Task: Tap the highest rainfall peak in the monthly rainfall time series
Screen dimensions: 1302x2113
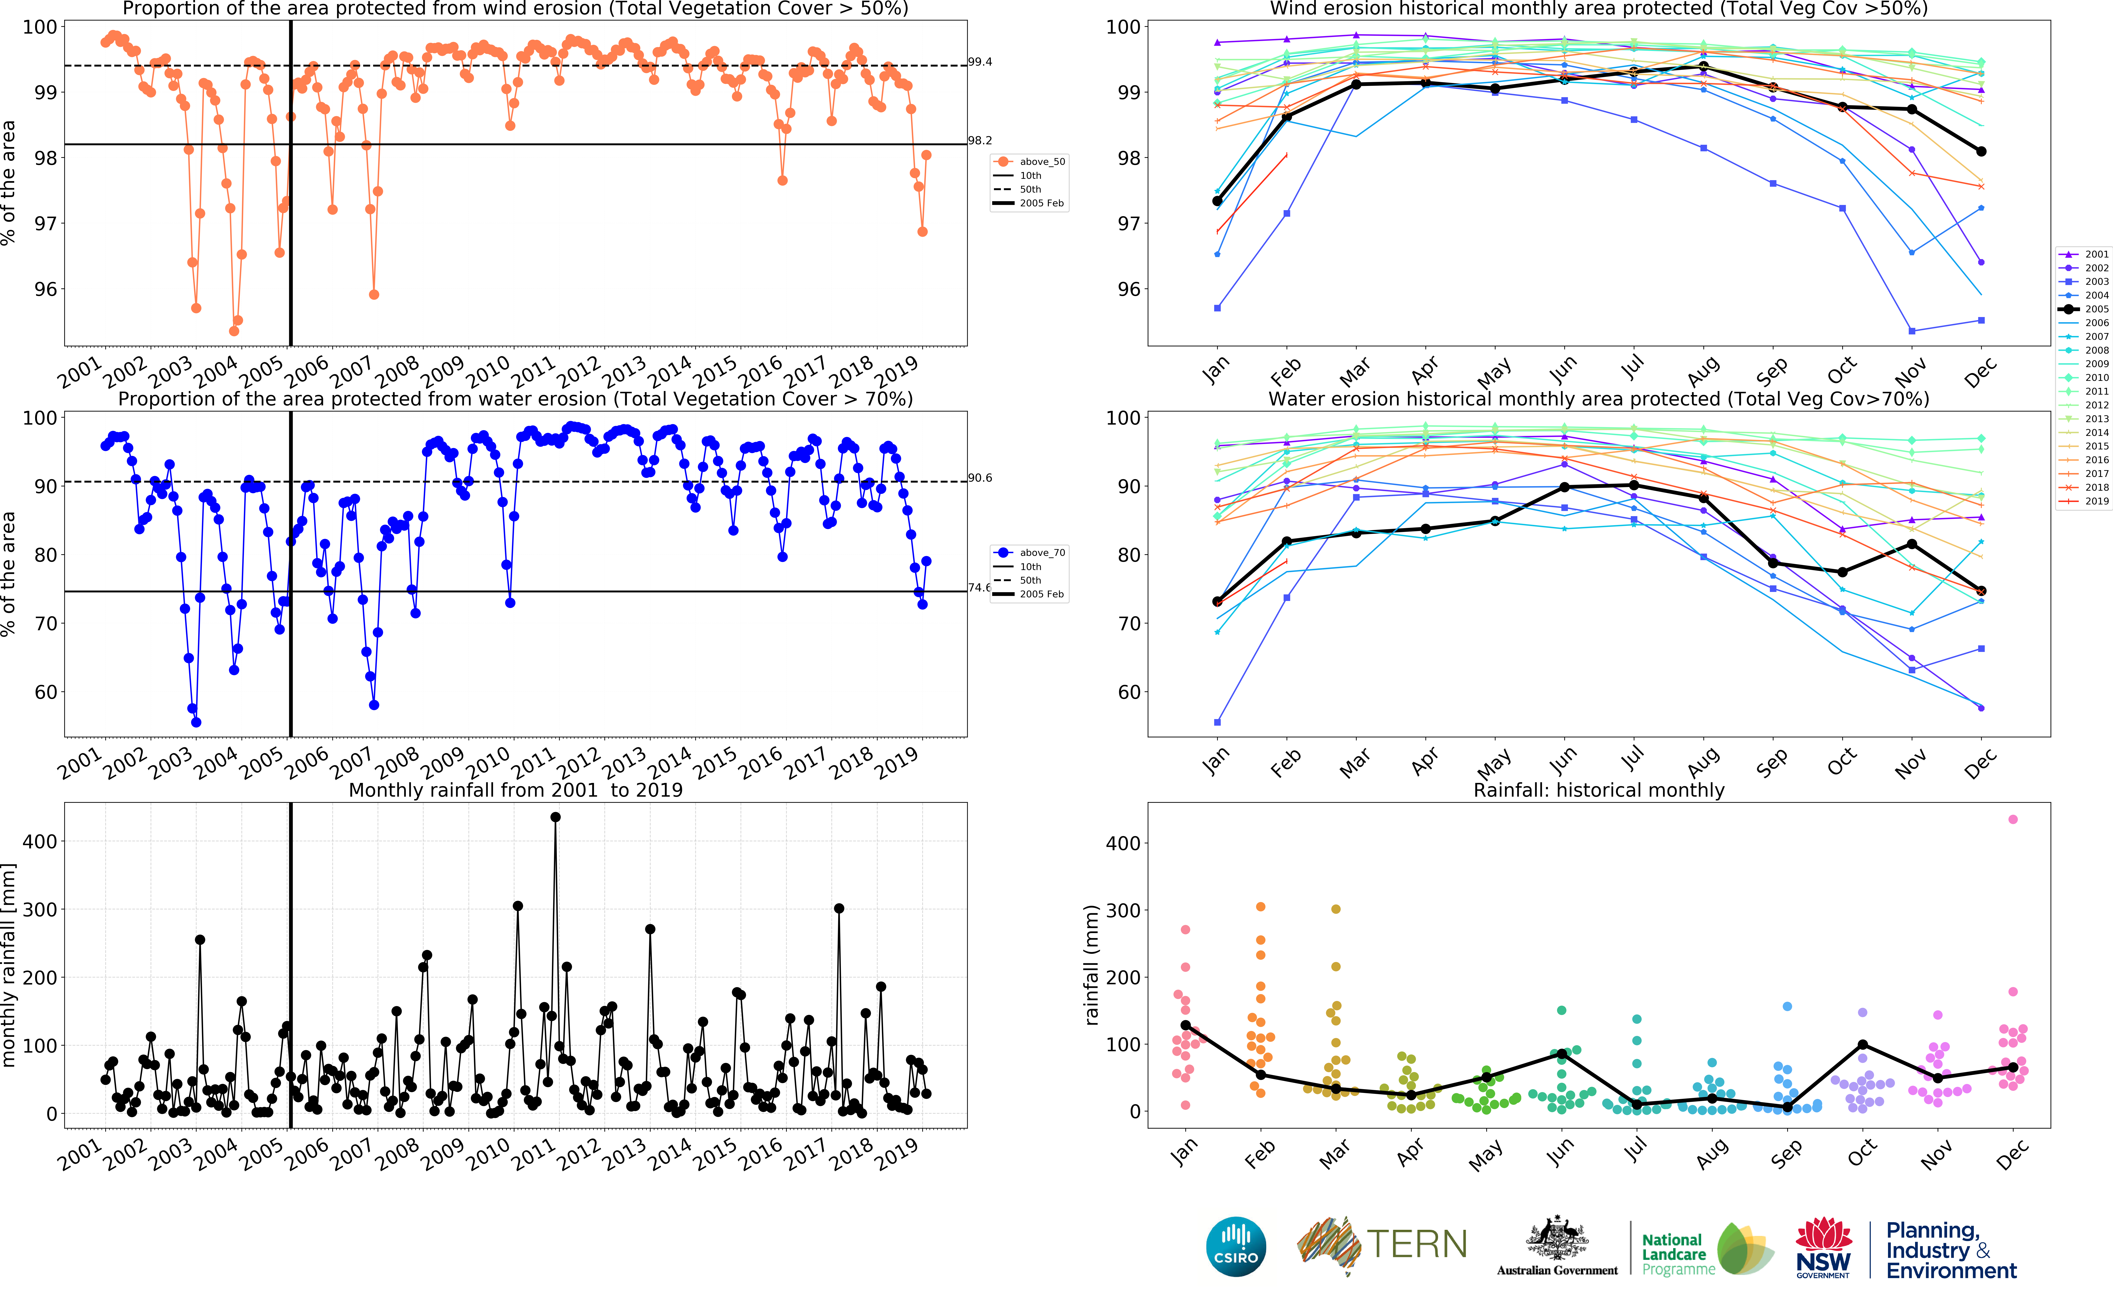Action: point(555,817)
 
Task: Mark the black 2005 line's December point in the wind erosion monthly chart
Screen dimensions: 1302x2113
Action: point(1981,152)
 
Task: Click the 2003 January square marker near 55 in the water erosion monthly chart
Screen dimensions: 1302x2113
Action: point(1217,722)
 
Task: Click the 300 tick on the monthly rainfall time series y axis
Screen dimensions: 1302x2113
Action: point(40,909)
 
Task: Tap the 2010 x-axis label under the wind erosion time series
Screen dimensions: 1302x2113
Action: point(487,372)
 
